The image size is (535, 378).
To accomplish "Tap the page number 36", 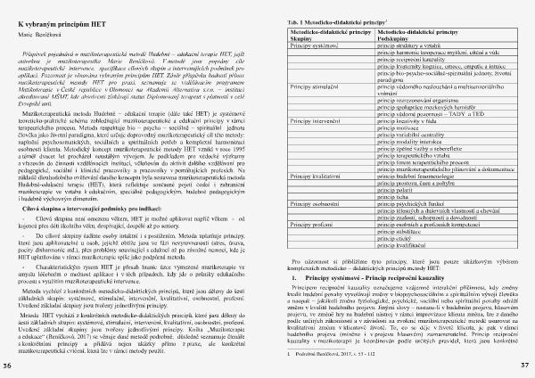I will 8,366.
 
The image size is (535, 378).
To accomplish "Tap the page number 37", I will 526,366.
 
